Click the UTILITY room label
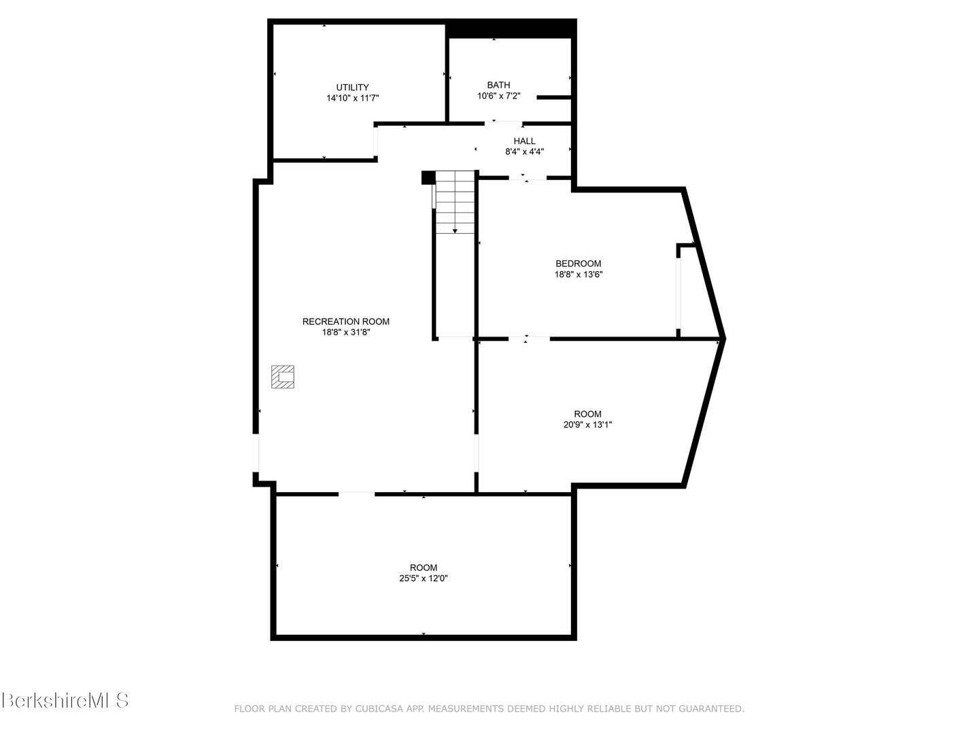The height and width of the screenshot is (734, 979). [x=352, y=87]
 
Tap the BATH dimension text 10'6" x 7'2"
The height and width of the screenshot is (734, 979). [x=498, y=96]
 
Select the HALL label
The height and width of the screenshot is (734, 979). [x=524, y=141]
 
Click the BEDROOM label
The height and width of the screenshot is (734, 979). [x=579, y=264]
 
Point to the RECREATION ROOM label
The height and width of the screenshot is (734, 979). [x=345, y=321]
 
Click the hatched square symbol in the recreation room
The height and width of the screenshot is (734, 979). [x=283, y=377]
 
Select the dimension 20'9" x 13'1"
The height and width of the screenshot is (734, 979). [x=587, y=425]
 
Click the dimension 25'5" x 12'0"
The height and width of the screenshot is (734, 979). [x=423, y=578]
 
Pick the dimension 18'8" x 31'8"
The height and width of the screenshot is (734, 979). [x=345, y=332]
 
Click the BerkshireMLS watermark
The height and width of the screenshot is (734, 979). [x=65, y=700]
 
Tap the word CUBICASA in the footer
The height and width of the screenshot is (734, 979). [x=377, y=709]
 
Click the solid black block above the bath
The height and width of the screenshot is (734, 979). [x=511, y=29]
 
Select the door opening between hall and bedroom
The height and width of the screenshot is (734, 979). [x=528, y=178]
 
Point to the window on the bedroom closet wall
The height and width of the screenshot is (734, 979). [x=679, y=292]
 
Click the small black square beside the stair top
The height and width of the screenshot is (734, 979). [x=428, y=177]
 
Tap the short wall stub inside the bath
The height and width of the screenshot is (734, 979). [x=553, y=98]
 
